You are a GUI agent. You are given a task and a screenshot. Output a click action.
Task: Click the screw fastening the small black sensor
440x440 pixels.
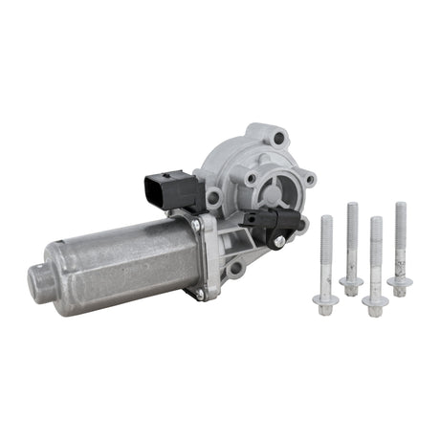tap(278, 241)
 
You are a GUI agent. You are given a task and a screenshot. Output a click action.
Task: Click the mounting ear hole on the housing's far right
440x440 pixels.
tap(309, 179)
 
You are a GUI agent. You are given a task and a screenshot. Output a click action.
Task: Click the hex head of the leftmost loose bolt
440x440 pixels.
tap(324, 300)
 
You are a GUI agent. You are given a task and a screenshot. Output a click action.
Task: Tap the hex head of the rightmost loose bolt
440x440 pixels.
tap(399, 282)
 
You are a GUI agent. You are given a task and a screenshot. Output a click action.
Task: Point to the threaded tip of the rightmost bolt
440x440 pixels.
tap(401, 209)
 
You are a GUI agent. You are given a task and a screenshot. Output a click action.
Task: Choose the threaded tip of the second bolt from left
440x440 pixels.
tap(353, 209)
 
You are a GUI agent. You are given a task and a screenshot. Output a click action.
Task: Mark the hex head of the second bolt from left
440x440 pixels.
tap(351, 284)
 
